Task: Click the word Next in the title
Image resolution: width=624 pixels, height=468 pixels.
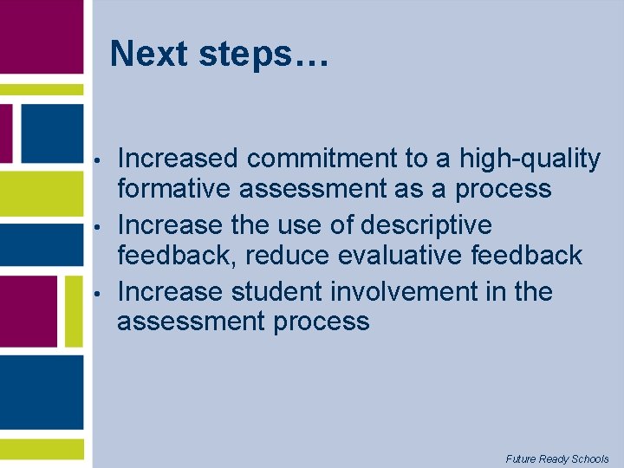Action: click(150, 54)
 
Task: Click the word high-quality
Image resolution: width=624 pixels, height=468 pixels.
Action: click(530, 159)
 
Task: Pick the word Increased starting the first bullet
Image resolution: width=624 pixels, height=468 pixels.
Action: click(177, 159)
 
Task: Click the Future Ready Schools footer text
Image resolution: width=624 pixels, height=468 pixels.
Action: click(557, 458)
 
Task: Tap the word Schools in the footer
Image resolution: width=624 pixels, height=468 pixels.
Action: click(589, 458)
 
